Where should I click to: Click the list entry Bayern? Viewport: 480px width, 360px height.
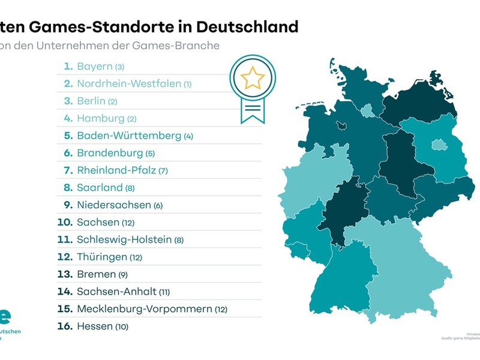(95, 67)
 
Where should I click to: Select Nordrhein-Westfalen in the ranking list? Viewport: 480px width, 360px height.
(128, 84)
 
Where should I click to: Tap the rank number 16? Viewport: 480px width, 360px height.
(65, 326)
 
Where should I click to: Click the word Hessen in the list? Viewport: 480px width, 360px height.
(95, 326)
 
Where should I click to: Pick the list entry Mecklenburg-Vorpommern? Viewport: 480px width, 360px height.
(144, 309)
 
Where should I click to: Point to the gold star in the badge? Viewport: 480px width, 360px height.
(253, 77)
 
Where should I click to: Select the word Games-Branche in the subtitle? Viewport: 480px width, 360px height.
(185, 44)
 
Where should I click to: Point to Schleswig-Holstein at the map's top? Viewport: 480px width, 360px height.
(354, 90)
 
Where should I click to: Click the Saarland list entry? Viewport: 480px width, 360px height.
(100, 188)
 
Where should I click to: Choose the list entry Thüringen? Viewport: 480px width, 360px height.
(102, 257)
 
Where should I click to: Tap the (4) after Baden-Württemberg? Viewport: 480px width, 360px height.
(188, 136)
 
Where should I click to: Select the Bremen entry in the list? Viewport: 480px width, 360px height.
(96, 274)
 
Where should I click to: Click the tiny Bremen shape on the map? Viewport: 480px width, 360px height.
(340, 125)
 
